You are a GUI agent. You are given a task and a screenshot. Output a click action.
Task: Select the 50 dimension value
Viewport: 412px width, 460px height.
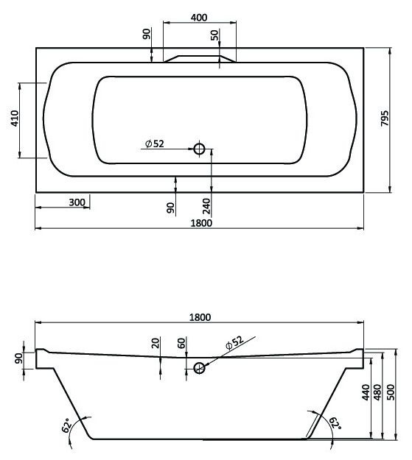tap(214, 35)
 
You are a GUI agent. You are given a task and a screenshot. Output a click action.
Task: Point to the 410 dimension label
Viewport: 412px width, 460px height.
tap(15, 119)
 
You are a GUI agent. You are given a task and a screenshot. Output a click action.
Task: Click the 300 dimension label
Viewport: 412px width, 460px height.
tap(77, 202)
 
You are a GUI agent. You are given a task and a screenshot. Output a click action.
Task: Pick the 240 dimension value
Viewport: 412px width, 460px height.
tap(206, 206)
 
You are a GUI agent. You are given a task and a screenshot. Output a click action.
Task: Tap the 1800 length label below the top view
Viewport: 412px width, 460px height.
tap(200, 223)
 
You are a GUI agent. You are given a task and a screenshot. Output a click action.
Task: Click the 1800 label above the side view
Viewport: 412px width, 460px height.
tap(200, 317)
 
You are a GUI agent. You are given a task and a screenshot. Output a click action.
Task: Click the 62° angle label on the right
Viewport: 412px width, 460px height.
tap(335, 424)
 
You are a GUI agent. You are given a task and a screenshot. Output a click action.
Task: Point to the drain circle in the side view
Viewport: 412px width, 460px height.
tap(198, 367)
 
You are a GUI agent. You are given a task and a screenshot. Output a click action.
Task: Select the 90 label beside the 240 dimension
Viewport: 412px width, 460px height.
tap(171, 208)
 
